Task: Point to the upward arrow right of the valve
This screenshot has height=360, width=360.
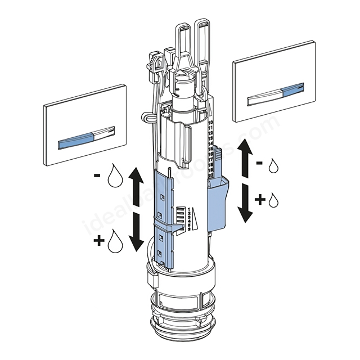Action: click(x=244, y=158)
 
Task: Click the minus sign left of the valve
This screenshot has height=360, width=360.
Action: click(x=98, y=176)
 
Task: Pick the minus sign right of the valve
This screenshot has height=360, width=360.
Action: click(x=260, y=163)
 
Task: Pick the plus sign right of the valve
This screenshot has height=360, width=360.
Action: click(x=260, y=200)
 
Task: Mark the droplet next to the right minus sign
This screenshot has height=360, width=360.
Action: click(x=273, y=165)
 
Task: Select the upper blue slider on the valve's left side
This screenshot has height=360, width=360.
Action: click(x=163, y=195)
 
